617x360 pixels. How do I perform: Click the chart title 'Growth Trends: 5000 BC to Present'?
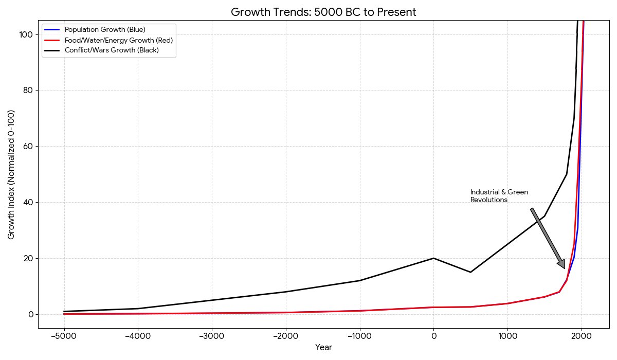323,12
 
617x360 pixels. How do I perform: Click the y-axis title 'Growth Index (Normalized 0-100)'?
11,174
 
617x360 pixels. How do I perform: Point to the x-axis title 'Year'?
323,348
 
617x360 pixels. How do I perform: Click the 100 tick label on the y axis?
27,34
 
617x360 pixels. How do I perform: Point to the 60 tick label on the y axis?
29,147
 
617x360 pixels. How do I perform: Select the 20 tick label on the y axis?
29,258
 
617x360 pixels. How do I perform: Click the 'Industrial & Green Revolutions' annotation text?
499,196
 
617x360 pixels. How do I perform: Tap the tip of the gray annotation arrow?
565,268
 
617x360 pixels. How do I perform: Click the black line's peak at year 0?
433,258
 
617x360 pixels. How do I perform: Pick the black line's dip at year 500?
470,272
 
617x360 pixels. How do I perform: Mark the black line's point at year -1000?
359,280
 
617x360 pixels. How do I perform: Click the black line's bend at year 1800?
567,174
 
